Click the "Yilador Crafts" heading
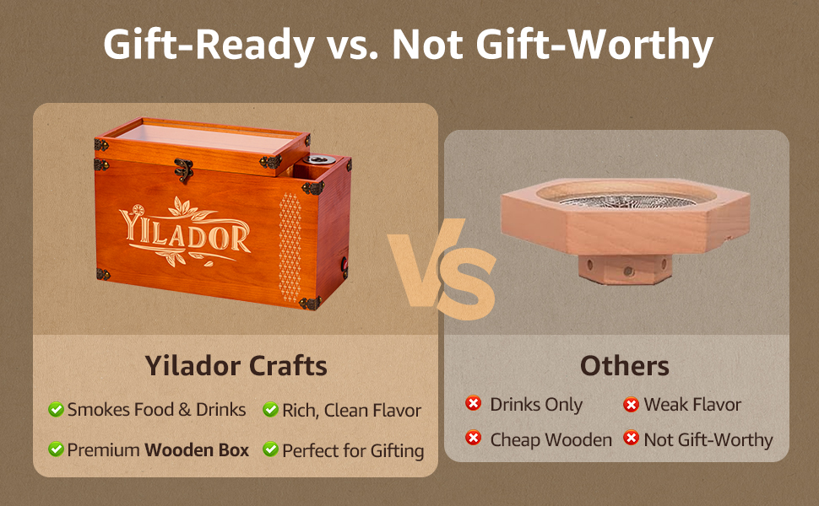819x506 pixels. pos(236,366)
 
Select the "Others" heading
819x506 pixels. pos(624,366)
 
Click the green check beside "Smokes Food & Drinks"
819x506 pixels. pos(56,410)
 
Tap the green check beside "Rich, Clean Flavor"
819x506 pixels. pos(270,410)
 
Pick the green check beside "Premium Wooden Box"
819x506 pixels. pos(56,449)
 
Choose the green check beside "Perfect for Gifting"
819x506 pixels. pos(270,449)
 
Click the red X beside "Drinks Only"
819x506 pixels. pos(474,404)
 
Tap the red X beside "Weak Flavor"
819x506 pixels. pos(631,405)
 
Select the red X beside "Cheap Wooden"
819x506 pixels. pos(474,439)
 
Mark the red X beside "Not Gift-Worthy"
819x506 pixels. pos(631,439)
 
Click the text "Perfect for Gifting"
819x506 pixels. pos(353,450)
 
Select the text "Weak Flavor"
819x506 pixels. pos(692,405)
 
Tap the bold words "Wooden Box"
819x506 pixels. pos(197,450)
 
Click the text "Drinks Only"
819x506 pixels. pos(536,405)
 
